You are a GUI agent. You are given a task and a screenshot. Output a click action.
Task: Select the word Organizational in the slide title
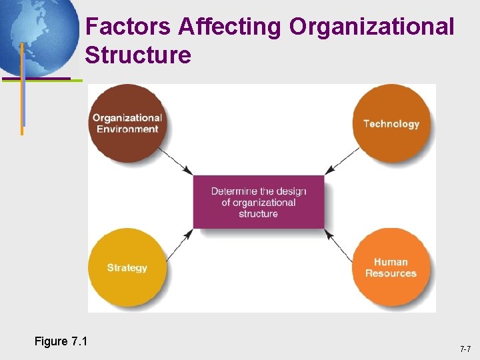pyautogui.click(x=372, y=27)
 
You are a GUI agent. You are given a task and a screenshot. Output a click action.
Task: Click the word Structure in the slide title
pyautogui.click(x=138, y=55)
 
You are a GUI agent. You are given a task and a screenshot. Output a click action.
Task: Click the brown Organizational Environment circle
pyautogui.click(x=127, y=123)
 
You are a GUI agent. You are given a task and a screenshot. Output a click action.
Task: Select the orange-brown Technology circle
pyautogui.click(x=391, y=123)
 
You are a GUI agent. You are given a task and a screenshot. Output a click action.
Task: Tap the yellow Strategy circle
pyautogui.click(x=127, y=267)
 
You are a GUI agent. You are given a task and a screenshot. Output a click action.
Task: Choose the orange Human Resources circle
pyautogui.click(x=391, y=267)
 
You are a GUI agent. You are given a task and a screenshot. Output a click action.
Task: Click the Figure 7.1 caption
pyautogui.click(x=61, y=341)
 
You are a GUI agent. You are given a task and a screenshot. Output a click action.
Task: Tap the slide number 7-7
pyautogui.click(x=465, y=349)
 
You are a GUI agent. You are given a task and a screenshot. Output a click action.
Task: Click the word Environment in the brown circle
pyautogui.click(x=127, y=129)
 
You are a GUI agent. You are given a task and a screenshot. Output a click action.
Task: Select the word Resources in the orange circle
pyautogui.click(x=391, y=273)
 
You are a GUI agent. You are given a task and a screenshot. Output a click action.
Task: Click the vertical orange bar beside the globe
pyautogui.click(x=22, y=87)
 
